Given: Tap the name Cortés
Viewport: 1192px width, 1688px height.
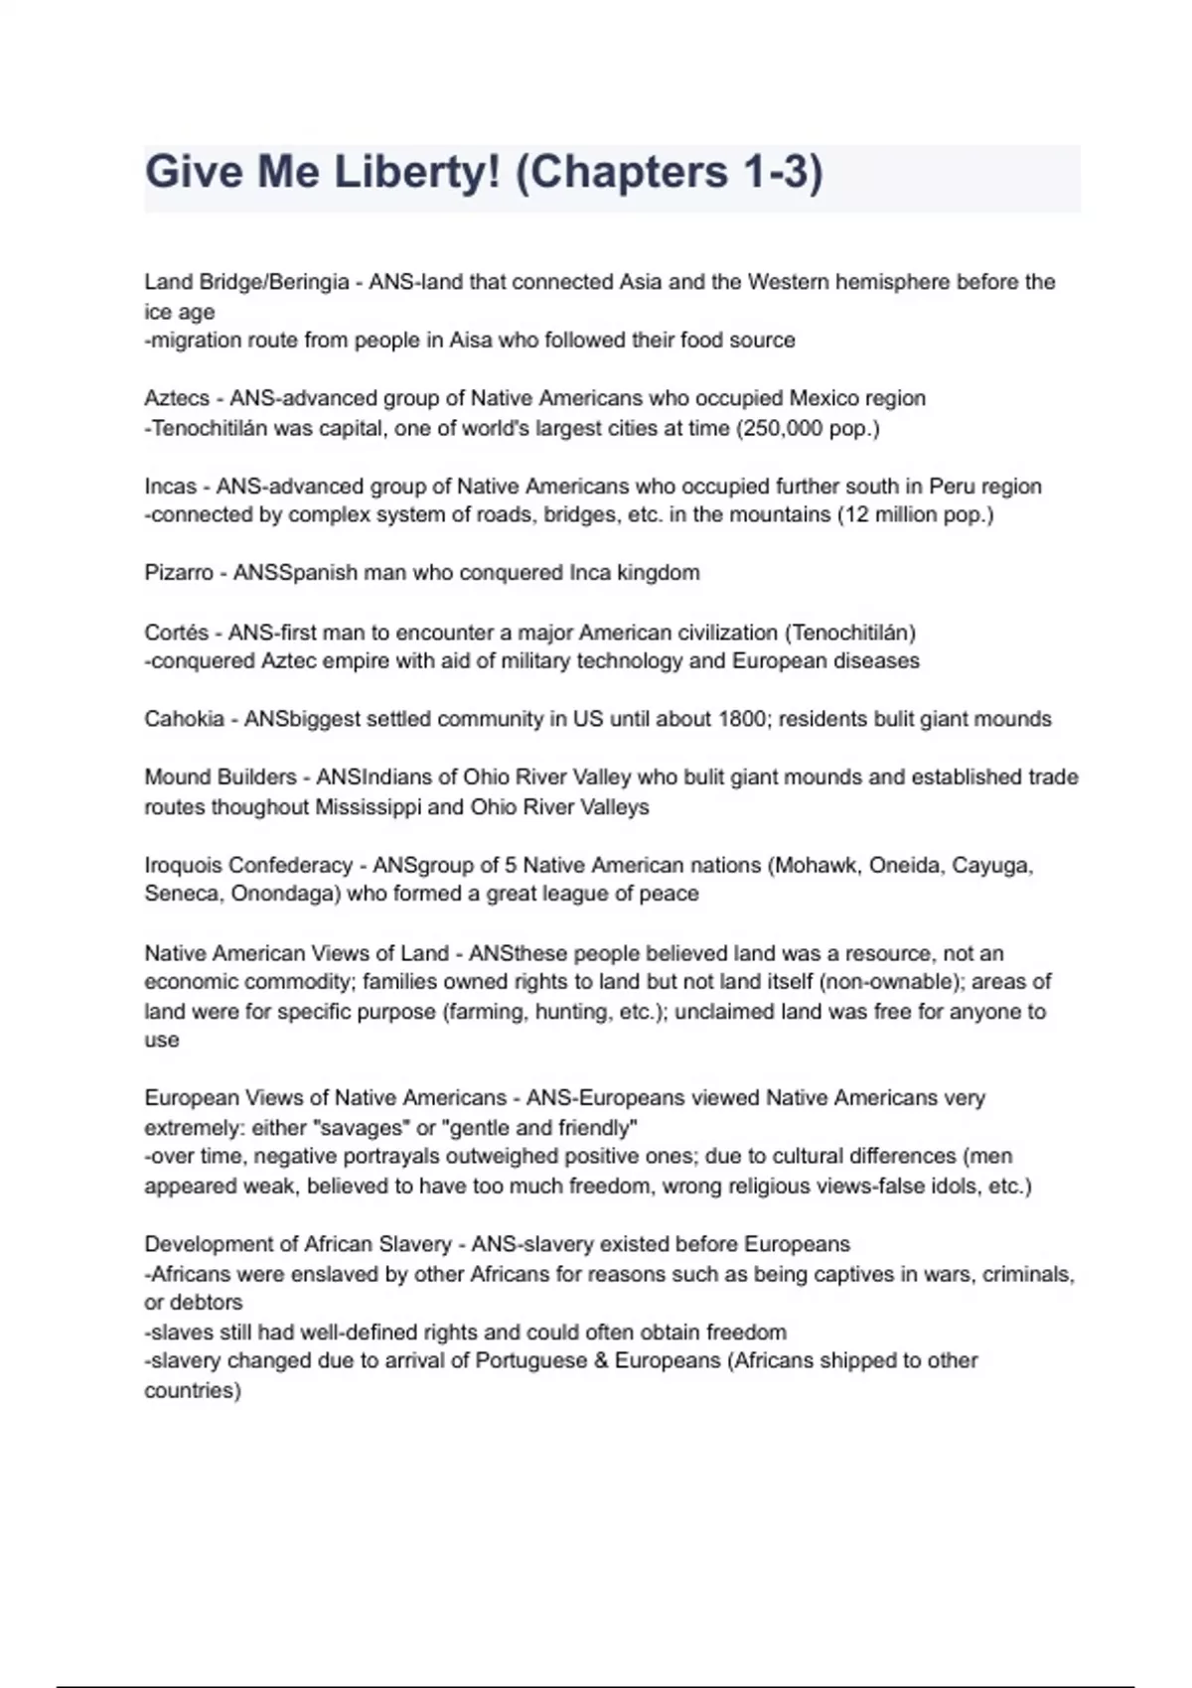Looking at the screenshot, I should point(177,633).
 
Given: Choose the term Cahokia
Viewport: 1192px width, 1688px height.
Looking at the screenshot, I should point(184,719).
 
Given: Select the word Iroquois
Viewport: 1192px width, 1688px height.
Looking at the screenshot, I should point(183,865).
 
